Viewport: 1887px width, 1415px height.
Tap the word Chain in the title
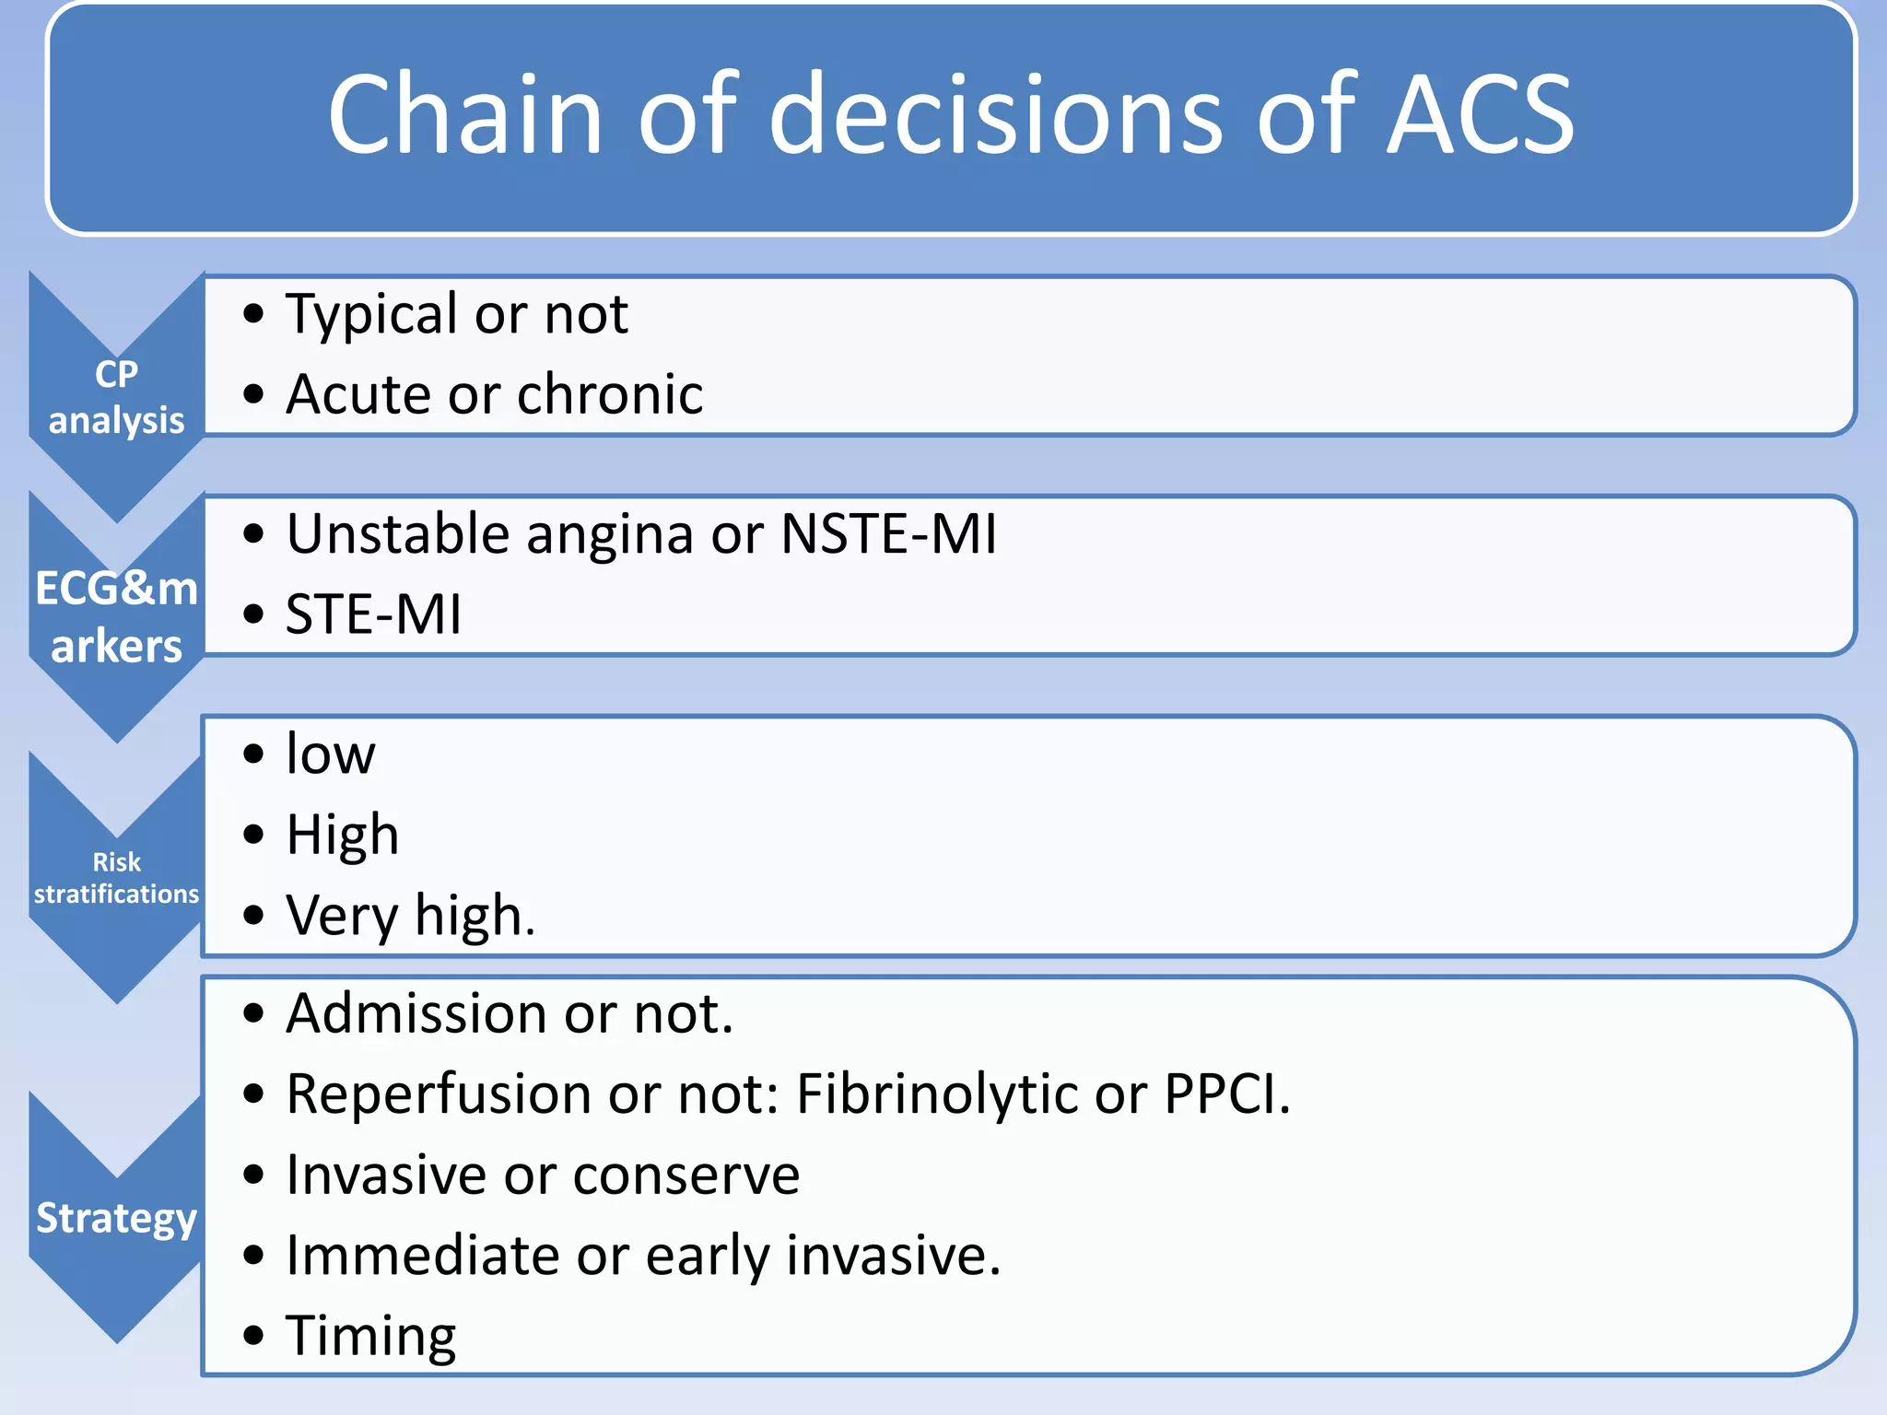click(465, 115)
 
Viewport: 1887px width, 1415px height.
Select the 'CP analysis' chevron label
click(116, 397)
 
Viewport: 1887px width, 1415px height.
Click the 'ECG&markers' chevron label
click(116, 616)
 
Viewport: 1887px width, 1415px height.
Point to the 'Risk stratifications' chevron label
click(116, 878)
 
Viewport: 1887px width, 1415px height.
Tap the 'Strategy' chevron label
click(116, 1218)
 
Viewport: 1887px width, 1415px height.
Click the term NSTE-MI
click(888, 534)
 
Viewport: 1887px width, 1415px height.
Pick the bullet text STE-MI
click(373, 614)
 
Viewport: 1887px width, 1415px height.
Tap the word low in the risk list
click(331, 754)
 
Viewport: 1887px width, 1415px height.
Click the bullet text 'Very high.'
click(411, 916)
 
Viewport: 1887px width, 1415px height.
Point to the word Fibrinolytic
click(936, 1095)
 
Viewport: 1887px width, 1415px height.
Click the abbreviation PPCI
click(1225, 1094)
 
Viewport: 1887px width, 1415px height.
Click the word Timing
click(370, 1337)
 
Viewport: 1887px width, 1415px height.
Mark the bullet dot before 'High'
click(253, 836)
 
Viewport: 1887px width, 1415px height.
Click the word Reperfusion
click(439, 1095)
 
